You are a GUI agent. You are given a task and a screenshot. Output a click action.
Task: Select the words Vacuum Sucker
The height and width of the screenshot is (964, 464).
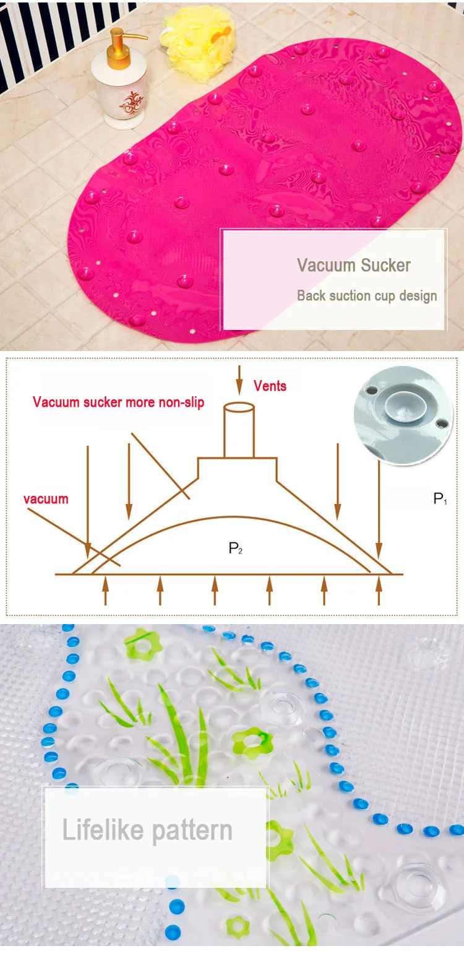click(353, 266)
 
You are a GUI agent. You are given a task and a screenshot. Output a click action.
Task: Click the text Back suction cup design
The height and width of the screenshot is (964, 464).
click(367, 296)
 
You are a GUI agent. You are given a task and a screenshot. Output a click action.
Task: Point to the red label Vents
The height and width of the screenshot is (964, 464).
click(270, 386)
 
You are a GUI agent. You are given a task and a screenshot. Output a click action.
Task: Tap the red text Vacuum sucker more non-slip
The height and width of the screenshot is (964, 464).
click(118, 402)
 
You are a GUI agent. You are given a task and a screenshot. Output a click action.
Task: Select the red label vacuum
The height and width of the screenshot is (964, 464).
click(46, 498)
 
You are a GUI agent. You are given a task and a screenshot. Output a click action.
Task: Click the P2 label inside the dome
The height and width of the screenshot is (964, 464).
click(235, 548)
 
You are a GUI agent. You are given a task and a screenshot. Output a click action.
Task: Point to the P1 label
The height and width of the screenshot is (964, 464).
click(440, 499)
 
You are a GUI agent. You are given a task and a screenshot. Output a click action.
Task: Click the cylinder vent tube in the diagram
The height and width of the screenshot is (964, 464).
click(239, 430)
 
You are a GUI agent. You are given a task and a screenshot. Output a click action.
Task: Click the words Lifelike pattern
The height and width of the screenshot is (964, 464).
click(147, 831)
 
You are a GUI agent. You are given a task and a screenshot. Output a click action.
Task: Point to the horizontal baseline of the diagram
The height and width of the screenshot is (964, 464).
click(229, 575)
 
